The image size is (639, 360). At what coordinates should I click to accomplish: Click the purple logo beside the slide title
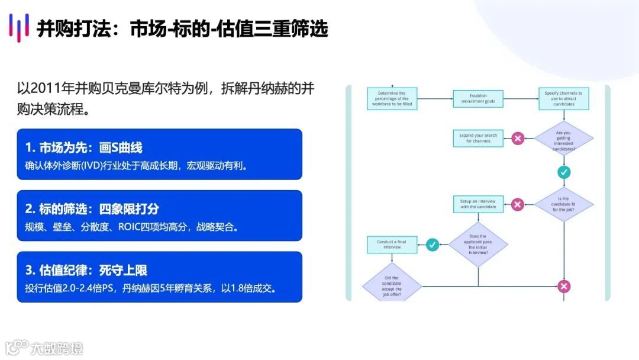point(19,28)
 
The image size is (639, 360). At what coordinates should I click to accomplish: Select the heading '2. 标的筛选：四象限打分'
point(92,208)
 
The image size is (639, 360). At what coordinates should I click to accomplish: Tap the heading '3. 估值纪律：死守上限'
point(86,270)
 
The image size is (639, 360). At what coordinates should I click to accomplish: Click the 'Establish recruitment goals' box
point(478,99)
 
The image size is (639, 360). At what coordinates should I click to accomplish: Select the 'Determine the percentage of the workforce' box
point(392,99)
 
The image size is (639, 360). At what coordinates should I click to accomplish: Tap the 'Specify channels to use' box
point(563,99)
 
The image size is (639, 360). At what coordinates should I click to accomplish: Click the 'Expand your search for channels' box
point(478,138)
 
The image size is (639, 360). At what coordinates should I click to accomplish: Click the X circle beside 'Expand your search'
point(518,139)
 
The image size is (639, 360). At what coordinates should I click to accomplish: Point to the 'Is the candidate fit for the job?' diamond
point(564,205)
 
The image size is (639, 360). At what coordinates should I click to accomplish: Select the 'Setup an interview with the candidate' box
point(478,204)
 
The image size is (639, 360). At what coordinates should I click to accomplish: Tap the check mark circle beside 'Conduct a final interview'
point(433,244)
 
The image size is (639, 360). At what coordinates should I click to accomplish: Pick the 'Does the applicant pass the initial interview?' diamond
point(478,244)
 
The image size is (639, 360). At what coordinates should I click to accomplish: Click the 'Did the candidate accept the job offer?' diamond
point(391,287)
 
